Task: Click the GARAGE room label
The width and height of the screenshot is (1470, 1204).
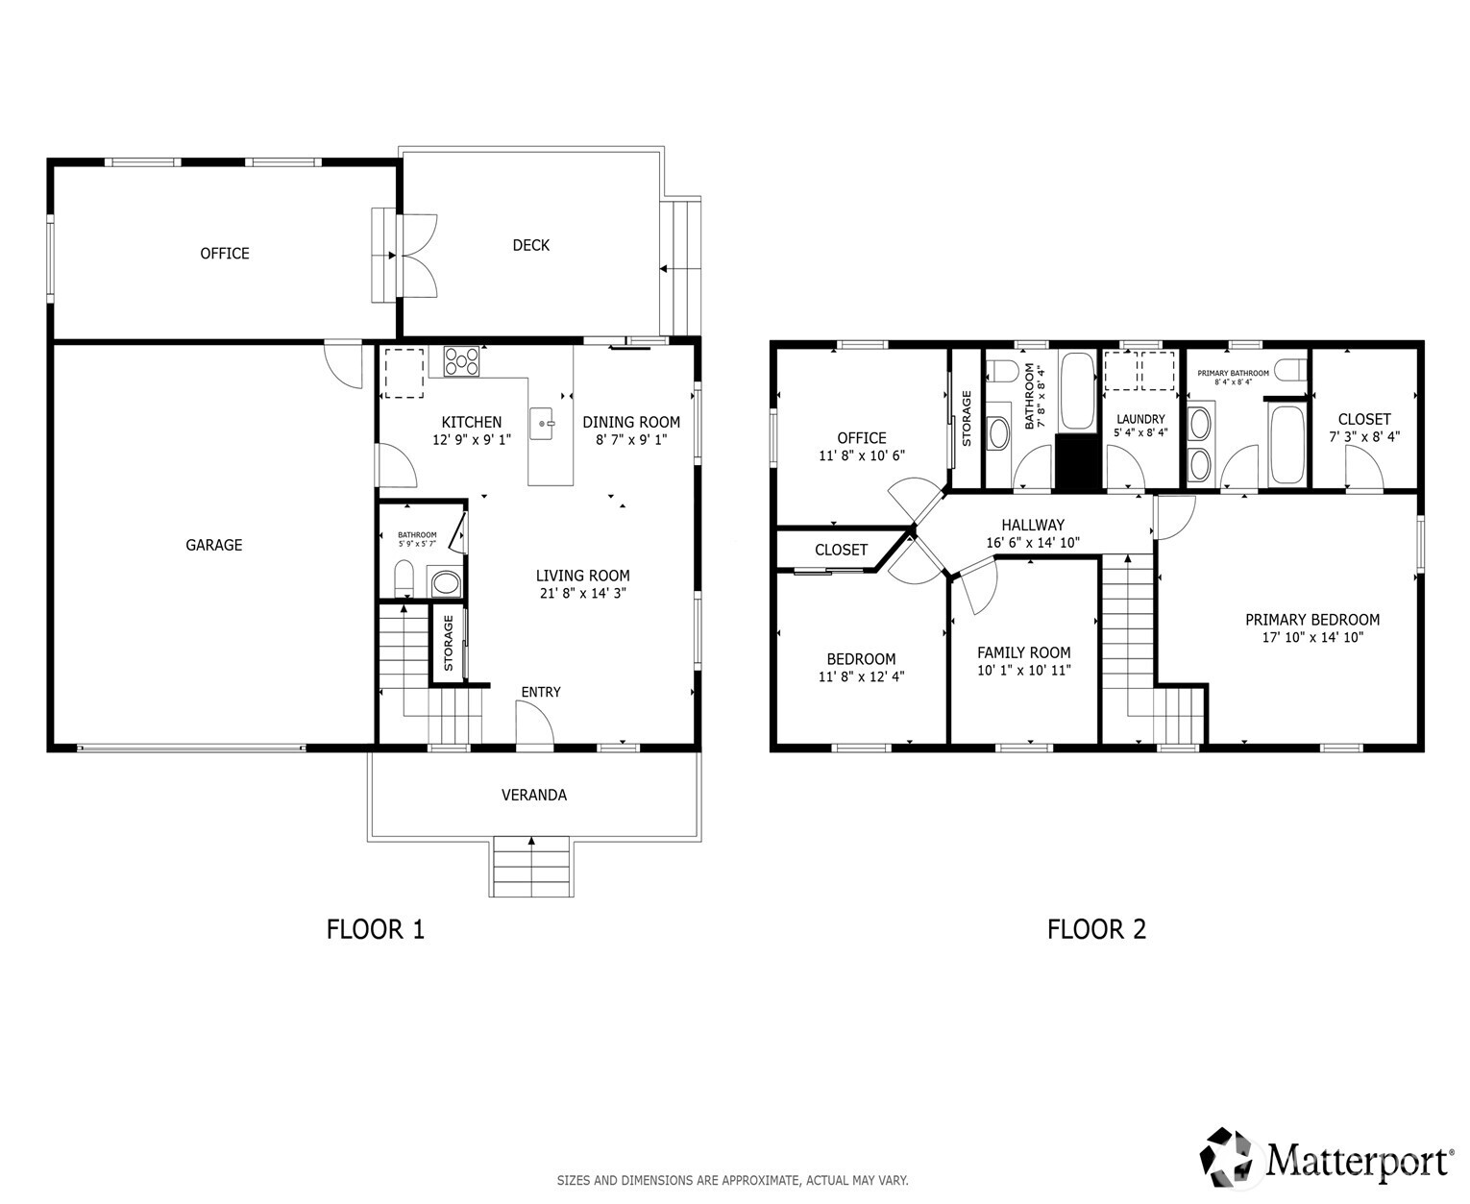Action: pyautogui.click(x=213, y=545)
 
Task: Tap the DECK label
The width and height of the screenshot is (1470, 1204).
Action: pyautogui.click(x=530, y=245)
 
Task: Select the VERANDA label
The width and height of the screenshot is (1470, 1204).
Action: pyautogui.click(x=534, y=795)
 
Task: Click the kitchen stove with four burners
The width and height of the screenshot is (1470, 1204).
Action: pyautogui.click(x=462, y=361)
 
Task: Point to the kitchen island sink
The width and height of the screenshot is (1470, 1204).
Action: pyautogui.click(x=543, y=422)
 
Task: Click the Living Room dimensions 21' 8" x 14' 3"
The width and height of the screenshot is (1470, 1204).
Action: pyautogui.click(x=583, y=594)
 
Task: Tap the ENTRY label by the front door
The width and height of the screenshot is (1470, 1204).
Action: pyautogui.click(x=541, y=692)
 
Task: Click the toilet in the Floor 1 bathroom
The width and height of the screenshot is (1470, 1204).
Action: pyautogui.click(x=404, y=578)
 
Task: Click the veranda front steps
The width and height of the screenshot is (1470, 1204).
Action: pyautogui.click(x=531, y=867)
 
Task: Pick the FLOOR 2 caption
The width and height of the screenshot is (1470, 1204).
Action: pyautogui.click(x=1096, y=929)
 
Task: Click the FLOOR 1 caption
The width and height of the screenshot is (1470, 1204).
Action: pyautogui.click(x=376, y=929)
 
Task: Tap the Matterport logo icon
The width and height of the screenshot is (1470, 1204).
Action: pyautogui.click(x=1229, y=1158)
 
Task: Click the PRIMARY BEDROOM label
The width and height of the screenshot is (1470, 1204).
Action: pyautogui.click(x=1312, y=620)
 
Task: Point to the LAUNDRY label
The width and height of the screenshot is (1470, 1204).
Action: pyautogui.click(x=1140, y=419)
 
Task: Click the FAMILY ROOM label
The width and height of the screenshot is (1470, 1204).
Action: pyautogui.click(x=1024, y=652)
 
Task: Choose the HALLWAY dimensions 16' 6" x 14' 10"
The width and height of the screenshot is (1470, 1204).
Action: pyautogui.click(x=1033, y=542)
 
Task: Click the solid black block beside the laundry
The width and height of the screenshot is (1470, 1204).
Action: pyautogui.click(x=1076, y=462)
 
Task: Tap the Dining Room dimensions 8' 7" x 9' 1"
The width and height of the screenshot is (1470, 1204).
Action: pyautogui.click(x=631, y=439)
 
